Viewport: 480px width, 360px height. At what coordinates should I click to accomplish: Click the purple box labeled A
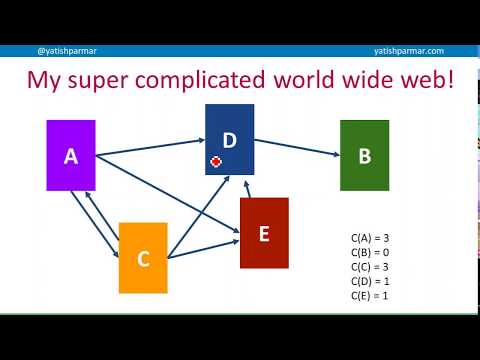pyautogui.click(x=71, y=155)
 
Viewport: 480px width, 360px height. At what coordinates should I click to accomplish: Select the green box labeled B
pyautogui.click(x=364, y=155)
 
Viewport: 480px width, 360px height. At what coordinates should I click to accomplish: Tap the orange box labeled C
pyautogui.click(x=143, y=258)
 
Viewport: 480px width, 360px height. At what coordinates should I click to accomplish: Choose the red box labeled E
pyautogui.click(x=264, y=233)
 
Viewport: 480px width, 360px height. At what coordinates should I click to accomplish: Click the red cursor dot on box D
pyautogui.click(x=216, y=161)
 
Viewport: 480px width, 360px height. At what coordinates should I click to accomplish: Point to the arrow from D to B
pyautogui.click(x=297, y=148)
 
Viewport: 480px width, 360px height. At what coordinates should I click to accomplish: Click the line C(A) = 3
pyautogui.click(x=370, y=238)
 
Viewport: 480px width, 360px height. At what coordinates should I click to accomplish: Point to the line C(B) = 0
pyautogui.click(x=370, y=252)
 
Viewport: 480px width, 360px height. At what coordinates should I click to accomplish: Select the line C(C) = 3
pyautogui.click(x=370, y=267)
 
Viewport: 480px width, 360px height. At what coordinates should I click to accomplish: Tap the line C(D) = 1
pyautogui.click(x=370, y=281)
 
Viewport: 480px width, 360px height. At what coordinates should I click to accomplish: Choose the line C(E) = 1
pyautogui.click(x=370, y=296)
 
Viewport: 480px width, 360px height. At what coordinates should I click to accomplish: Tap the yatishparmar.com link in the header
pyautogui.click(x=408, y=51)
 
